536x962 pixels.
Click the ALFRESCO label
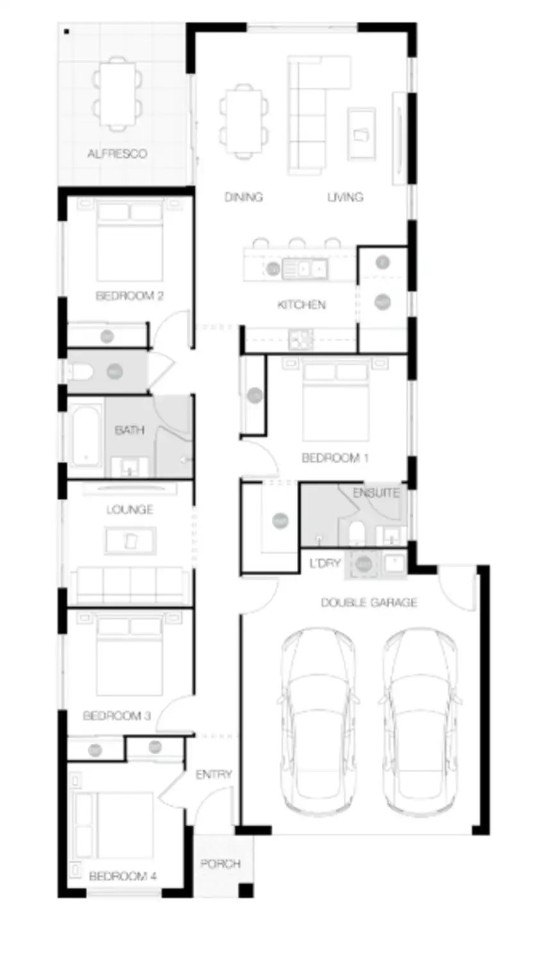pyautogui.click(x=117, y=154)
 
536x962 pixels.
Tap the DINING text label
pyautogui.click(x=244, y=197)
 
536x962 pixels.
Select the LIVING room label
pyautogui.click(x=346, y=197)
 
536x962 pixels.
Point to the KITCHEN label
pyautogui.click(x=301, y=305)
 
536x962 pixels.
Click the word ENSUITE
pyautogui.click(x=376, y=493)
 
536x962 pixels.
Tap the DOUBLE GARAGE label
pyautogui.click(x=369, y=603)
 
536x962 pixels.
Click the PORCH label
pyautogui.click(x=221, y=864)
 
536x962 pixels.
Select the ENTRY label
pyautogui.click(x=214, y=775)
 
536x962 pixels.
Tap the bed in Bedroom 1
pyautogui.click(x=336, y=401)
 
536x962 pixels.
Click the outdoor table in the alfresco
pyautogui.click(x=117, y=94)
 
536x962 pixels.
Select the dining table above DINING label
pyautogui.click(x=244, y=122)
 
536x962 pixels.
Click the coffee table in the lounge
pyautogui.click(x=130, y=541)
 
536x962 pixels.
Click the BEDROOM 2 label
pyautogui.click(x=130, y=296)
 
